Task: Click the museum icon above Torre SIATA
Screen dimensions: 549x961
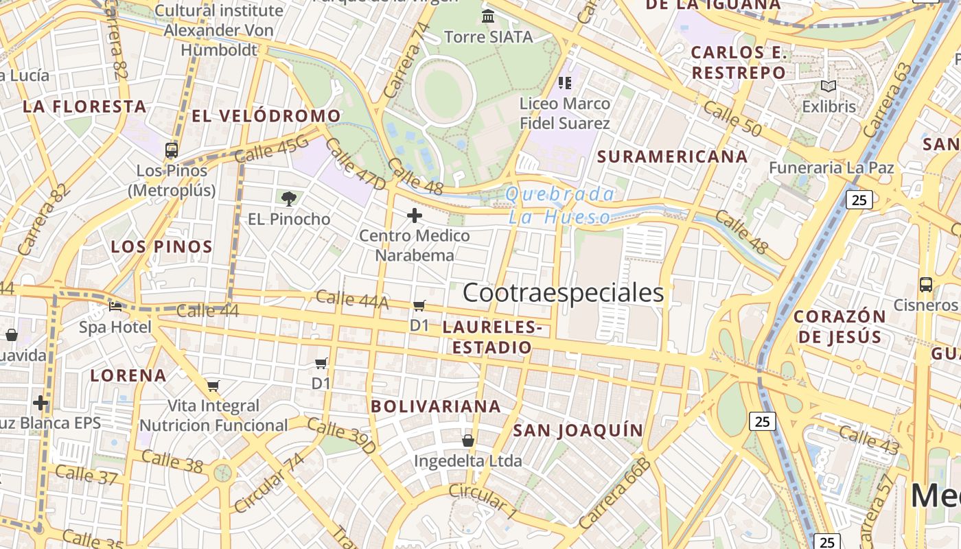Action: (488, 16)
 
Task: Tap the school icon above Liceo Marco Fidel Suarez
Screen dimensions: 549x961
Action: (565, 83)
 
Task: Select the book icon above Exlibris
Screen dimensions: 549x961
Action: (829, 86)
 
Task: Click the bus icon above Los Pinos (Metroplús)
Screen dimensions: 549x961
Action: (172, 150)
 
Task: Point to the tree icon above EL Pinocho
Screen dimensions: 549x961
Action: (289, 199)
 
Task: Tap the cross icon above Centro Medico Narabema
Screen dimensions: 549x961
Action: (415, 215)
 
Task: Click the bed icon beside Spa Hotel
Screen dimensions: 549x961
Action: (115, 306)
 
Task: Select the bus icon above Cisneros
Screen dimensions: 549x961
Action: (925, 284)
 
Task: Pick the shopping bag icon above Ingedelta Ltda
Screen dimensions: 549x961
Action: (468, 440)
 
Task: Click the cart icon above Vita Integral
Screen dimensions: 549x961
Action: (213, 386)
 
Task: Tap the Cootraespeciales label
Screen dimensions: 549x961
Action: (563, 293)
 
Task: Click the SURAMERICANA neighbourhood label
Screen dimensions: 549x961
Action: (672, 156)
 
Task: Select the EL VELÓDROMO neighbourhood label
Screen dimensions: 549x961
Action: (266, 116)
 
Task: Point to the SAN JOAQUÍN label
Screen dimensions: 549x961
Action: (578, 431)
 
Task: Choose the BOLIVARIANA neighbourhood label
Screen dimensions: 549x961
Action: (436, 406)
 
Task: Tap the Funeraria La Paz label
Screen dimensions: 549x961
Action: (831, 167)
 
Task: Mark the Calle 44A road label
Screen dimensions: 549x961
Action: (352, 299)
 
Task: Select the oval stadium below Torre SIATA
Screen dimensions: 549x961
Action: (444, 91)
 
